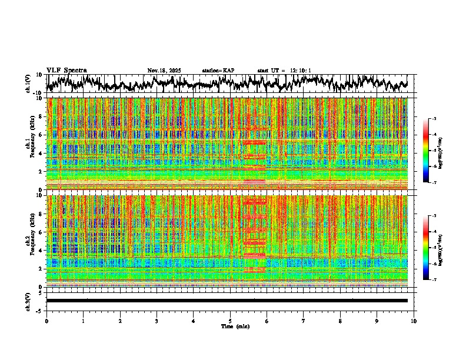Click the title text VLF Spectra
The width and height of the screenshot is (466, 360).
coord(66,70)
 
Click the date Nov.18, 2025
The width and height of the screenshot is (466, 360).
coord(164,71)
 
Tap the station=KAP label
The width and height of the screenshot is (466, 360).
coord(218,71)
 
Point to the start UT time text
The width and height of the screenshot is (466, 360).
coord(284,71)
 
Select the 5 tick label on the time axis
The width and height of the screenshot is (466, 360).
coord(230,321)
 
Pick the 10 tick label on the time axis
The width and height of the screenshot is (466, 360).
coord(414,321)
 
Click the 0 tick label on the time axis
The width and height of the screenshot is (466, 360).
coord(46,321)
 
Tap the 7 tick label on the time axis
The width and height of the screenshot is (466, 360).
coord(304,321)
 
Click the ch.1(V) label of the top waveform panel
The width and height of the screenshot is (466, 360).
coord(28,84)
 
